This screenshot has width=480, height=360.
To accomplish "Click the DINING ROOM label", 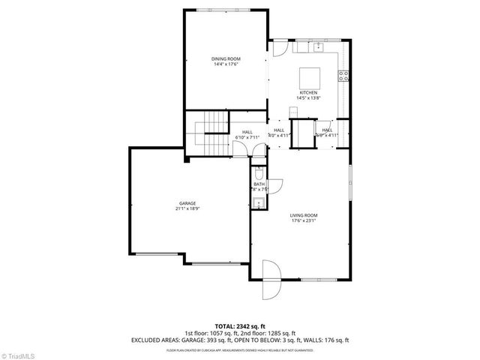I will (226, 58).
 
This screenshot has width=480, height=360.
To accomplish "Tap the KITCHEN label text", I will (308, 93).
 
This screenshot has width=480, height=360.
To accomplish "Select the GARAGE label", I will (187, 203).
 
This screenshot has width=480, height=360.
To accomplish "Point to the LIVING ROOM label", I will (304, 216).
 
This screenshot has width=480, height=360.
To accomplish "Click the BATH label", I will (259, 184).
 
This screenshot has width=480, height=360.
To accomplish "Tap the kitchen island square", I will (310, 77).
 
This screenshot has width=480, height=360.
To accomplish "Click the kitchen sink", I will (318, 47).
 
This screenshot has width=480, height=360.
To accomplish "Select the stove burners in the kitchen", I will (346, 75).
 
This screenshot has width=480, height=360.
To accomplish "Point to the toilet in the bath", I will (259, 175).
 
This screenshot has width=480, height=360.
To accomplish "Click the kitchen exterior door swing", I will (278, 46).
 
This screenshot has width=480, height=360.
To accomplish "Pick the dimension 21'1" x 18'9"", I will (187, 208).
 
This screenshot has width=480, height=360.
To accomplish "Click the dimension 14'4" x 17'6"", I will (226, 63).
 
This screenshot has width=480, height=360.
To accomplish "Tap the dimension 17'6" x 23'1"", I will (304, 221).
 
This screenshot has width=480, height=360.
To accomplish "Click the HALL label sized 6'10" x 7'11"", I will (247, 132).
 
